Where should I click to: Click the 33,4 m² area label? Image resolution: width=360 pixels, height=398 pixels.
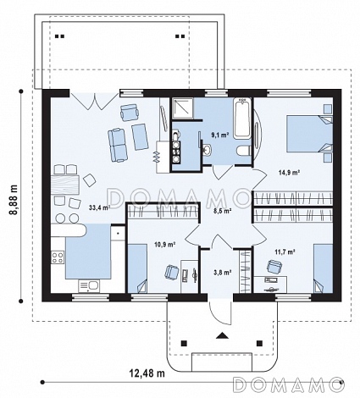click(x=99, y=208)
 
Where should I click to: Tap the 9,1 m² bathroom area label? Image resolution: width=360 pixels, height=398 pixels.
click(x=220, y=135)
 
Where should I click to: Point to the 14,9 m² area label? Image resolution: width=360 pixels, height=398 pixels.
click(x=290, y=172)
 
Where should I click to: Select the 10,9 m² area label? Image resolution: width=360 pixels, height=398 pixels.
click(x=165, y=245)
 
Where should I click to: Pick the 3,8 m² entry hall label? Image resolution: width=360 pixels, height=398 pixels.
click(x=223, y=273)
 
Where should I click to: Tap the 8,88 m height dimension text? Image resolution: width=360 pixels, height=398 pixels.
click(x=14, y=200)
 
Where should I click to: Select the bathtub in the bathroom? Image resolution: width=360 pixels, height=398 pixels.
click(x=242, y=118)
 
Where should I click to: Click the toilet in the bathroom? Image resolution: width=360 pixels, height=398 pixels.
click(x=244, y=151)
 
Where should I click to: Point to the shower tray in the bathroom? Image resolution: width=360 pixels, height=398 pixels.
click(x=183, y=108)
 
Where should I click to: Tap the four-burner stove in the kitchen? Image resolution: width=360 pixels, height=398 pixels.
click(x=58, y=257)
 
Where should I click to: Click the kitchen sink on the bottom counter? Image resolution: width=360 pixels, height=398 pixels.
click(x=89, y=286)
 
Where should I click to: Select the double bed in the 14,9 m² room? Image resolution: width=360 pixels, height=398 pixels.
click(x=310, y=134)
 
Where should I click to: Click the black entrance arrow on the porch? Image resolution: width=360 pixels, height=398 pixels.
click(x=223, y=335)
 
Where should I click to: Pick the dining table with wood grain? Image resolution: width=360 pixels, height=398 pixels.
click(x=65, y=185)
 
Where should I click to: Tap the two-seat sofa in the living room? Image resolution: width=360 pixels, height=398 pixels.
click(x=117, y=145)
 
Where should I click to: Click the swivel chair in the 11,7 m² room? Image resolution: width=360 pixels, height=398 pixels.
click(x=274, y=266)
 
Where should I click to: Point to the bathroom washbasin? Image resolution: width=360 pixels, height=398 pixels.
click(x=207, y=149)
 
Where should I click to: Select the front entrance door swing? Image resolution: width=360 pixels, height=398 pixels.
click(x=220, y=310)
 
